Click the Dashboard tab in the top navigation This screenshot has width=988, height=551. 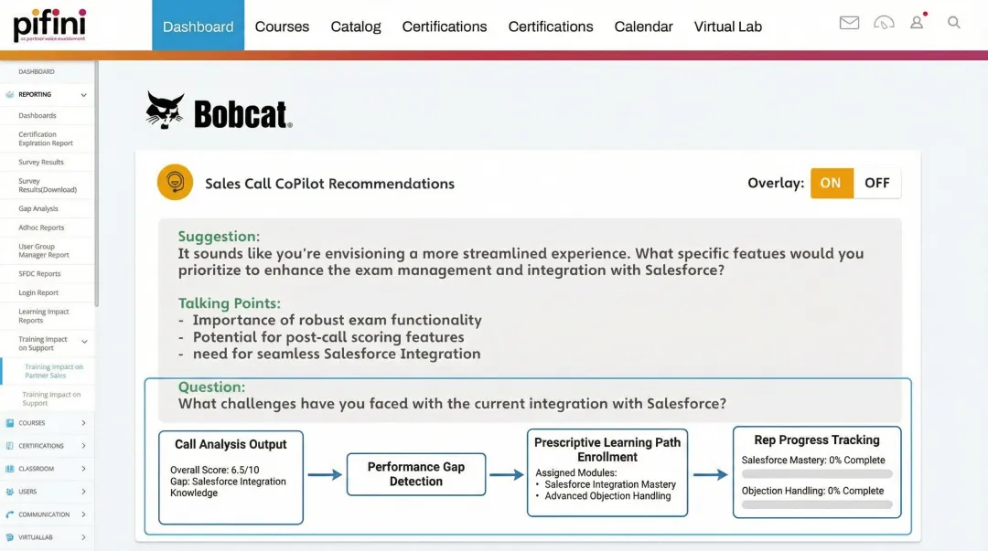[x=198, y=26]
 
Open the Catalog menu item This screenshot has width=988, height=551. [x=356, y=26]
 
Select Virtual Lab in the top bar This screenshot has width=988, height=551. [x=727, y=26]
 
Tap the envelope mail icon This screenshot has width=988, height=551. [x=849, y=23]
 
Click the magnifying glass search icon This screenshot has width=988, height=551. [x=954, y=23]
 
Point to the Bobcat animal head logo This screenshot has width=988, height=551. [x=166, y=111]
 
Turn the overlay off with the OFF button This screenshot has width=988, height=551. [x=876, y=183]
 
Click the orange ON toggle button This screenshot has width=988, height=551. [x=831, y=183]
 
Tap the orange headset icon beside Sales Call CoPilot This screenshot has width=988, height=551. [x=175, y=182]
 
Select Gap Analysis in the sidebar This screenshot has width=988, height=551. [x=38, y=208]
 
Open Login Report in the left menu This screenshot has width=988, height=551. [x=38, y=292]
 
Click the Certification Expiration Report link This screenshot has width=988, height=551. [x=46, y=139]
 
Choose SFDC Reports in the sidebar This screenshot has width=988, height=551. [x=39, y=273]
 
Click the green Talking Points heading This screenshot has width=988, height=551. [x=229, y=303]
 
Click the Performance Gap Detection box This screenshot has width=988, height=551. [x=415, y=474]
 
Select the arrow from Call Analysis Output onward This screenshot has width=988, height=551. [x=325, y=475]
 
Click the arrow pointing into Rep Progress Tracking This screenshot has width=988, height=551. [x=711, y=475]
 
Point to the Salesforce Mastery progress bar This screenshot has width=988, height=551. [x=816, y=474]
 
